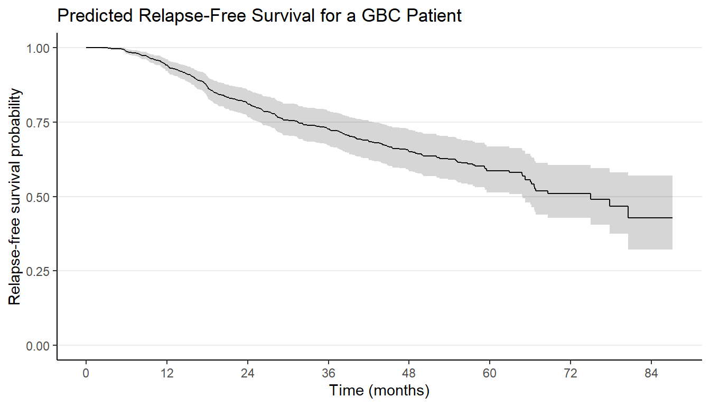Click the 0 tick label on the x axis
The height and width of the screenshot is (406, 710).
[x=86, y=374]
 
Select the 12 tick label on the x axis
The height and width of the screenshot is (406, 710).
[x=167, y=374]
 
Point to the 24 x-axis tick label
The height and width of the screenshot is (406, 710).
[x=248, y=374]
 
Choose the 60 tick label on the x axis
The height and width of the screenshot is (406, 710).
[x=490, y=374]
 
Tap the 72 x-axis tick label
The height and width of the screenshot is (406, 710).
[x=571, y=374]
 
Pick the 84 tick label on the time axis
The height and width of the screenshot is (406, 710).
[x=652, y=374]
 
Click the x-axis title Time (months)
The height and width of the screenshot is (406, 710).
[x=379, y=391]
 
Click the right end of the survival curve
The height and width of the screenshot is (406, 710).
[x=672, y=218]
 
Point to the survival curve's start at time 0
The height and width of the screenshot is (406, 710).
[x=86, y=48]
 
